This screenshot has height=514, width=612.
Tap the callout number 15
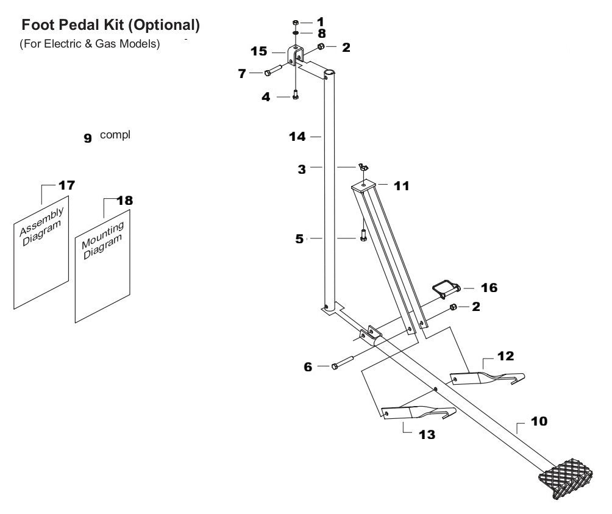pyautogui.click(x=259, y=51)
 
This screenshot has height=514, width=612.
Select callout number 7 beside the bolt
pyautogui.click(x=242, y=74)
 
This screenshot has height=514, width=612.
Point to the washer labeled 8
pyautogui.click(x=295, y=32)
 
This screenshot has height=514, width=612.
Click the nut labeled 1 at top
pyautogui.click(x=295, y=23)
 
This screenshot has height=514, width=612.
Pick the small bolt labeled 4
pyautogui.click(x=296, y=95)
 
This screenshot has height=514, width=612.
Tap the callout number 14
pyautogui.click(x=297, y=138)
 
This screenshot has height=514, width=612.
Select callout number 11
pyautogui.click(x=401, y=186)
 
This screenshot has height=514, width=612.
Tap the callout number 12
pyautogui.click(x=505, y=355)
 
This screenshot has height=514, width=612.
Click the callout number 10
pyautogui.click(x=538, y=421)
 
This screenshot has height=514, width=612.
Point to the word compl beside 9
pyautogui.click(x=115, y=135)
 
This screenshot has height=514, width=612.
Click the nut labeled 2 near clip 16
pyautogui.click(x=453, y=307)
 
